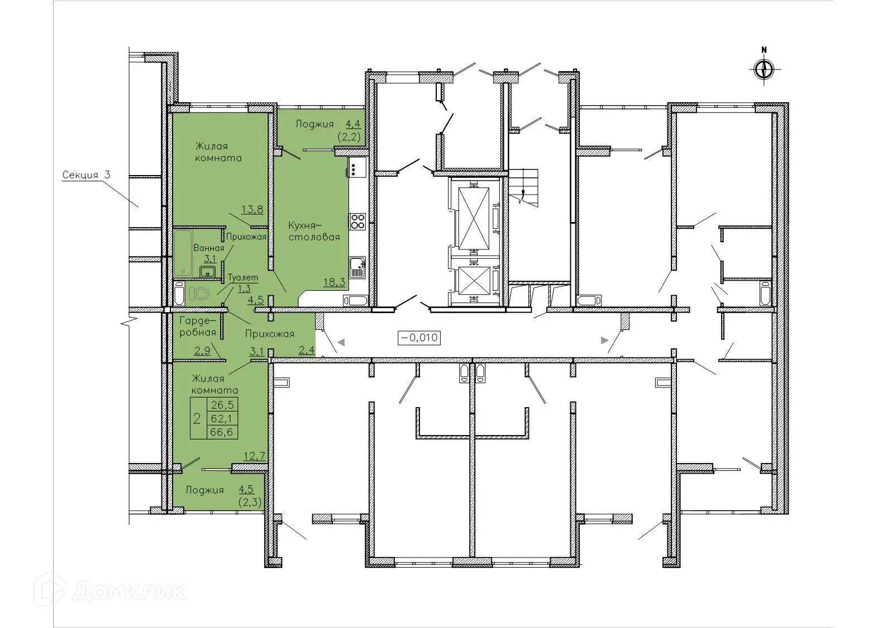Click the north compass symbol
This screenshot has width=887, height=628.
pyautogui.click(x=764, y=69)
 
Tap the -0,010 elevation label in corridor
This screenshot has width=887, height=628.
pyautogui.click(x=419, y=338)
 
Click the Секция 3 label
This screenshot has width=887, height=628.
pyautogui.click(x=86, y=175)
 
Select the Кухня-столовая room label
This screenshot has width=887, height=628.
pyautogui.click(x=314, y=230)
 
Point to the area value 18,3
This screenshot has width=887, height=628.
pyautogui.click(x=333, y=282)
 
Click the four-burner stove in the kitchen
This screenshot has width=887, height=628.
pyautogui.click(x=357, y=221)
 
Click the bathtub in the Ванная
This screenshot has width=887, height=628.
pyautogui.click(x=182, y=253)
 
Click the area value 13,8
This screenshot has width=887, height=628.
pyautogui.click(x=252, y=210)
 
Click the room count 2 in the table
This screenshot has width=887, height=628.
pyautogui.click(x=197, y=418)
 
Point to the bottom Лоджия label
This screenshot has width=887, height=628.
pyautogui.click(x=204, y=490)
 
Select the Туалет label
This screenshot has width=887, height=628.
pyautogui.click(x=243, y=277)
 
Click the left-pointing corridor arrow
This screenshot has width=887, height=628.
pyautogui.click(x=341, y=341)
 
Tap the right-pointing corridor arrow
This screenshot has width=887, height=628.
pyautogui.click(x=604, y=339)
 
